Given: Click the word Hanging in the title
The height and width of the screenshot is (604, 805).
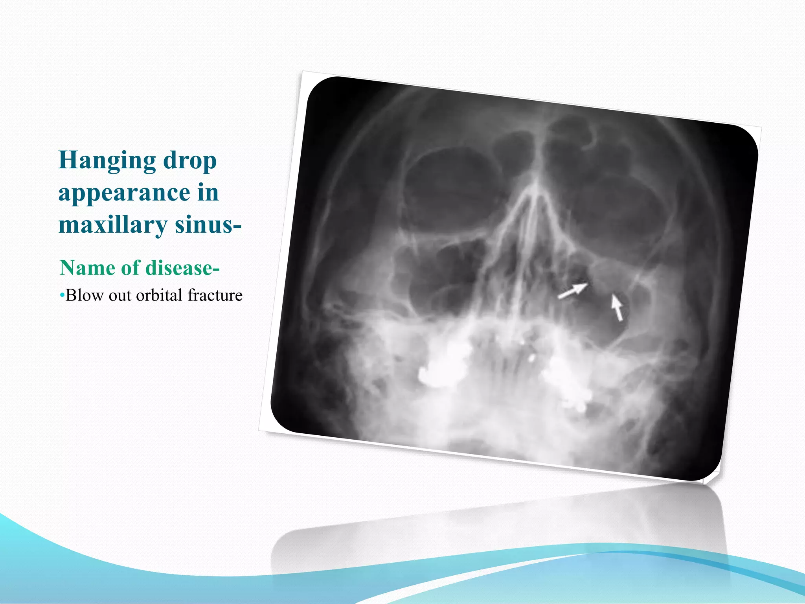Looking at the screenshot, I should pos(107,161).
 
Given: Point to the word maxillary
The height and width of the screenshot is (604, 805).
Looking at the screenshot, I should pos(113,225).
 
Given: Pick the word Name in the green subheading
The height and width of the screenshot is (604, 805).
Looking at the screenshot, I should pos(88,268).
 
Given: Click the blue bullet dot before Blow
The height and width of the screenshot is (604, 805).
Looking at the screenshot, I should pos(62,295).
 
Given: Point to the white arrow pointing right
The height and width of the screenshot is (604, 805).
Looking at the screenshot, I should pos(573,291).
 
